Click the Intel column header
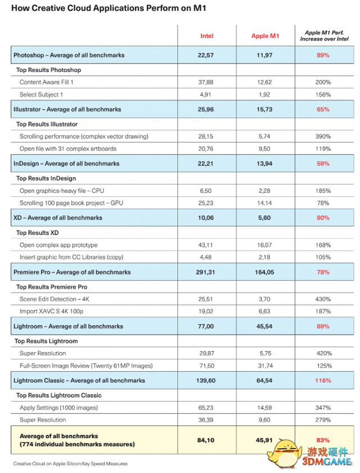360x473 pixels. [207, 36]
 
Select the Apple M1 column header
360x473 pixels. [265, 36]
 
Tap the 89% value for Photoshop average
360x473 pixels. [323, 55]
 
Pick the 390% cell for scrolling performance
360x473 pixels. [323, 136]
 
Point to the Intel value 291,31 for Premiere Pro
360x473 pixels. [207, 272]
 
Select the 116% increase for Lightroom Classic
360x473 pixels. [323, 381]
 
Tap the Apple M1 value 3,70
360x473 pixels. [265, 299]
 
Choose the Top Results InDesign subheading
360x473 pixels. [46, 178]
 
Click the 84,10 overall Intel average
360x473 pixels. [207, 439]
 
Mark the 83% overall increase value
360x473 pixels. [323, 439]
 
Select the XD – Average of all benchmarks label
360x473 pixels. [57, 218]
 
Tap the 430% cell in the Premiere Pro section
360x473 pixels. [323, 299]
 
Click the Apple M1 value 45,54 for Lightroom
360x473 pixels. [265, 326]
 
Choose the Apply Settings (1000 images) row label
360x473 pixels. [59, 408]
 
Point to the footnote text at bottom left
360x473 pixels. [70, 463]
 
